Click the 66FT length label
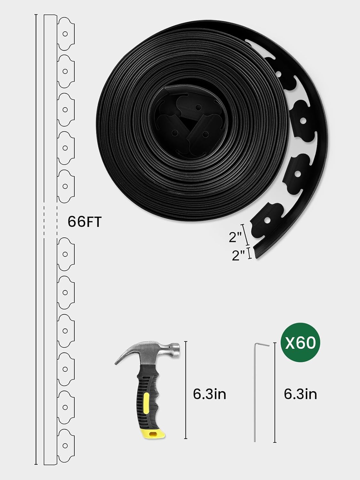(84, 222)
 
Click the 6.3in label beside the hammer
(210, 394)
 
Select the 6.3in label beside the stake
(300, 394)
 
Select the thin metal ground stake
(255, 394)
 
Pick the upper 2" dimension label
(236, 237)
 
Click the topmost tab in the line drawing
(66, 33)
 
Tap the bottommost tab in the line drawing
(66, 445)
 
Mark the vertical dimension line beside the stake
(275, 392)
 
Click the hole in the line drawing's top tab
(65, 33)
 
